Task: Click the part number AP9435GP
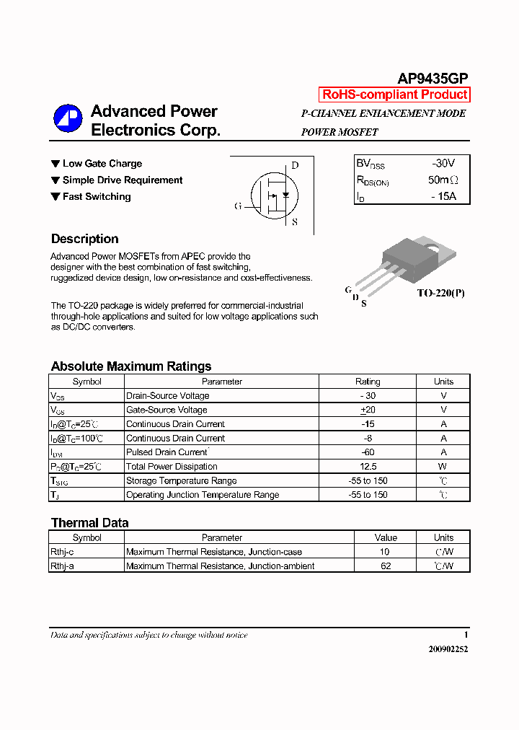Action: point(433,79)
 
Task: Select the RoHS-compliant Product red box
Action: point(394,94)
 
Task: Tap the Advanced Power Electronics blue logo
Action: point(68,119)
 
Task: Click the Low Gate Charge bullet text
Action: point(102,164)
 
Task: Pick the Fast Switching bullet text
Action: point(97,197)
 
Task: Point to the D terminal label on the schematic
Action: point(295,165)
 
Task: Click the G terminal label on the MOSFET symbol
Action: point(238,206)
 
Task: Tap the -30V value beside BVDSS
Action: point(443,164)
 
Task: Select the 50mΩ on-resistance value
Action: point(443,180)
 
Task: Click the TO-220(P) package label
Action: point(441,294)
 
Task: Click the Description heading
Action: point(84,239)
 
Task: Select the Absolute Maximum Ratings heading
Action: point(131,366)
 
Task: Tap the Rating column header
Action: point(368,382)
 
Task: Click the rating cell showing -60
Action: point(368,452)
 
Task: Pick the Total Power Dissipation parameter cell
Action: point(172,467)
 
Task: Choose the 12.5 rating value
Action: point(368,467)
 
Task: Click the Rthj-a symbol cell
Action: point(63,566)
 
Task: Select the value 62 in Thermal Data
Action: point(386,566)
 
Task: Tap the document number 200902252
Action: point(448,649)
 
